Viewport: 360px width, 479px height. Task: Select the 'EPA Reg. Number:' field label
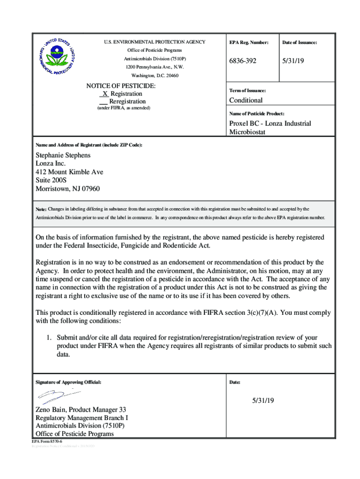point(249,43)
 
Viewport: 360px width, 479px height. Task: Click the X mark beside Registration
point(104,94)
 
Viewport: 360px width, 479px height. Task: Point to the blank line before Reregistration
point(104,102)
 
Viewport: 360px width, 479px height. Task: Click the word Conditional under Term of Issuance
point(245,100)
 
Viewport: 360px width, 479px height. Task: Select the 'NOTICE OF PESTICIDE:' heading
point(121,86)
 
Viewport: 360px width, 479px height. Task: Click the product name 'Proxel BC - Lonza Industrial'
point(270,123)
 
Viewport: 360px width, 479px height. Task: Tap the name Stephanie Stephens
point(63,155)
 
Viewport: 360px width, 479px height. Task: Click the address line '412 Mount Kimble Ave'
point(69,172)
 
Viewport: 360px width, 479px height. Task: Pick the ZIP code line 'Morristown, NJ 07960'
point(67,189)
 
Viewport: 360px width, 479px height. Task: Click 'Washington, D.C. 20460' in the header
point(155,75)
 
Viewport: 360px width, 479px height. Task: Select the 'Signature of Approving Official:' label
point(68,382)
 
